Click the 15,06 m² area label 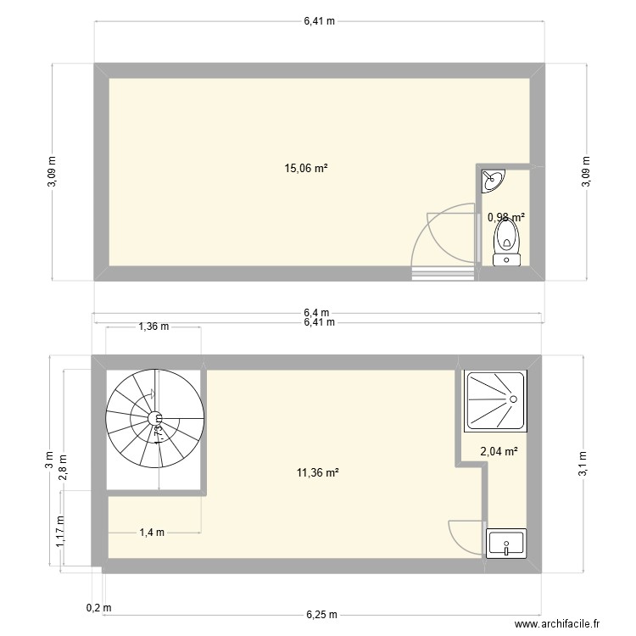[306, 168]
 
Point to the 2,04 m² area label [499, 452]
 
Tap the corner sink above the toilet [491, 179]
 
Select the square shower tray [495, 400]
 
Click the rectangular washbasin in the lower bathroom [506, 544]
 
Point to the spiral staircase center [155, 418]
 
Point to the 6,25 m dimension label [321, 615]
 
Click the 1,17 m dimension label [59, 533]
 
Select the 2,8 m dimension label [63, 466]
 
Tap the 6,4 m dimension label [318, 313]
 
